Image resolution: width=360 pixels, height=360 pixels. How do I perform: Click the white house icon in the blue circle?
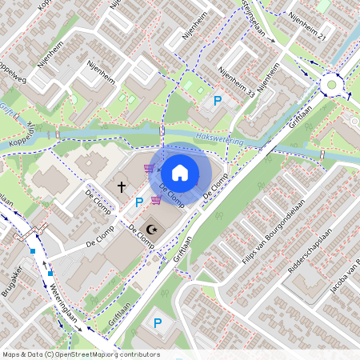[x=180, y=172]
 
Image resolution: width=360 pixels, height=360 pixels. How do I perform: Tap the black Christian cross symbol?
[x=122, y=186]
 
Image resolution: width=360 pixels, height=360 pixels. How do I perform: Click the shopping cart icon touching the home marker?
[x=150, y=169]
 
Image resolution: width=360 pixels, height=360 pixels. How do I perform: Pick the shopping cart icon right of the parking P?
[x=156, y=201]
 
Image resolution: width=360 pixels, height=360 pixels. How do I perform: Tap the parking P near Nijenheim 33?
[x=218, y=101]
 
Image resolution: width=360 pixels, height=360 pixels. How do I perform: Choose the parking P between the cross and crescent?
[x=138, y=202]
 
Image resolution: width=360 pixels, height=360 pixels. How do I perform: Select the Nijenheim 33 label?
[x=238, y=82]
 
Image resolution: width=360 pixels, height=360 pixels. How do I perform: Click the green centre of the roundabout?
[x=330, y=84]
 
